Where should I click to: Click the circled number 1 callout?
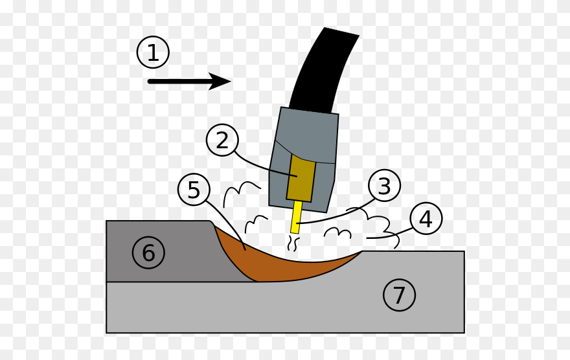[x=153, y=52]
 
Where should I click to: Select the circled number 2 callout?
[x=222, y=140]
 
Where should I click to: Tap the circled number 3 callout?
[x=384, y=186]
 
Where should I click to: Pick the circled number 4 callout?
[x=426, y=219]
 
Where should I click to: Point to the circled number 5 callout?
[x=194, y=190]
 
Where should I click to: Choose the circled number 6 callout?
[x=148, y=253]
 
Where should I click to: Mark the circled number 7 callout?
[x=399, y=295]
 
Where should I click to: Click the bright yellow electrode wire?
[x=296, y=217]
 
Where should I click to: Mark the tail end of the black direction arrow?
[x=152, y=81]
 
